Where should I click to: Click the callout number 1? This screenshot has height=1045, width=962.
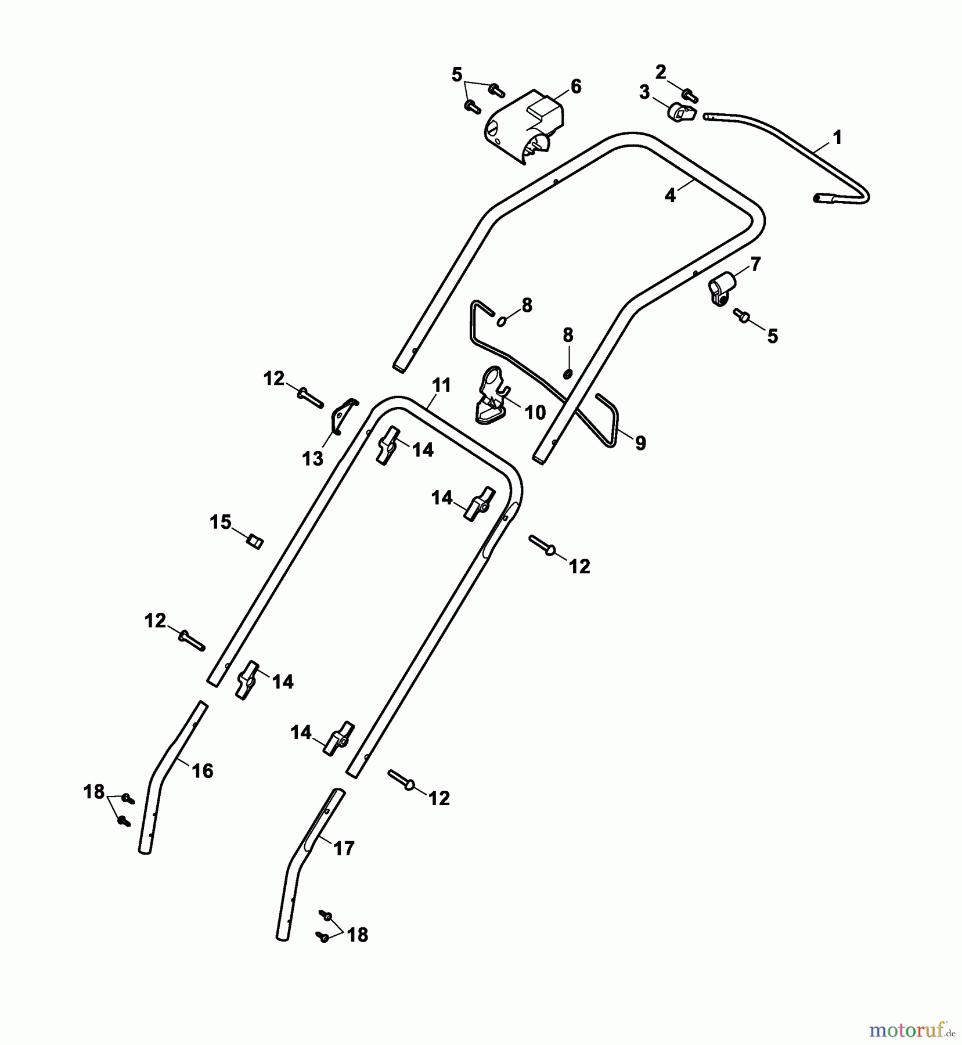point(837,138)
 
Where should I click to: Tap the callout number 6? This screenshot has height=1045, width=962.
point(575,87)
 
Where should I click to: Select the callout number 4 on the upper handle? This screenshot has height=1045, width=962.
point(670,196)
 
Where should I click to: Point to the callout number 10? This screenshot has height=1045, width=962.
point(535,412)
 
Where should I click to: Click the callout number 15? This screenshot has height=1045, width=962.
point(221,522)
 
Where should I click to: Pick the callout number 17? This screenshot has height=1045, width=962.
point(344,849)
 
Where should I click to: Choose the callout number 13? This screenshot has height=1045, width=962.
point(312,459)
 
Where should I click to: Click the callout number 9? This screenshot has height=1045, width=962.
point(640,443)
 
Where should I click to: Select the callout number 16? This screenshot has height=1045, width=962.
point(203,770)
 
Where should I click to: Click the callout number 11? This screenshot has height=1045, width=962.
point(441,385)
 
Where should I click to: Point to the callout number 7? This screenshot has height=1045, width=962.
point(755,264)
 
